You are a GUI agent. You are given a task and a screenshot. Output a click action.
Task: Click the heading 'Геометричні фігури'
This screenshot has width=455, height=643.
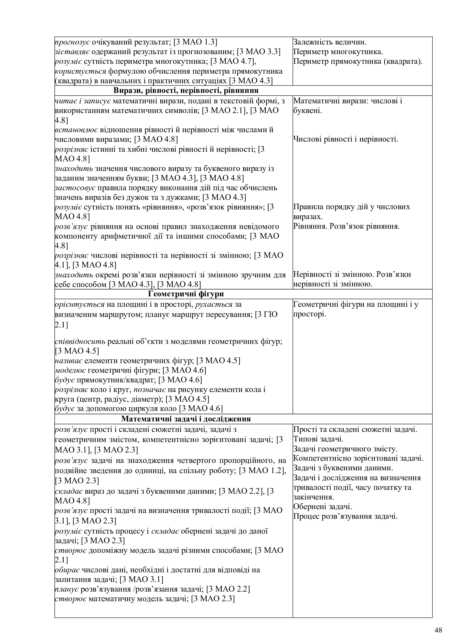coord(186,294)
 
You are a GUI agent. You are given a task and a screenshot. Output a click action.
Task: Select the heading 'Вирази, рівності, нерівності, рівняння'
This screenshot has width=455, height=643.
coord(186,91)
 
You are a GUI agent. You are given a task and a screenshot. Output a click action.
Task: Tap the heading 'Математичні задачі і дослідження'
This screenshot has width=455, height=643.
coord(186,419)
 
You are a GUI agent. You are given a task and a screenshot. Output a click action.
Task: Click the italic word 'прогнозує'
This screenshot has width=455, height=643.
coord(72,42)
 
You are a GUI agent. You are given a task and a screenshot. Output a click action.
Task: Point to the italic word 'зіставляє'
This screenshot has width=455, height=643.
coord(72,52)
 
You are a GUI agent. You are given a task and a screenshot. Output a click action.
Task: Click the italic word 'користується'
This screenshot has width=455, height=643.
coord(80,71)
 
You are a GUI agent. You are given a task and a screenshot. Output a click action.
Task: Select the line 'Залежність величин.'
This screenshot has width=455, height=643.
coord(330,42)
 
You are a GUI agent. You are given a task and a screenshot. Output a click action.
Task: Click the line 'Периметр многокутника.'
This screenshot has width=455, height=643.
coord(338,52)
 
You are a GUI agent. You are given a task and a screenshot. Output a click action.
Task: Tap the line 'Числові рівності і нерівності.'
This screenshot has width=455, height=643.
coord(346,139)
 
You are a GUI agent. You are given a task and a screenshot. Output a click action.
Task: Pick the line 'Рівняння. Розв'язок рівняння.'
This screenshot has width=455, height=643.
coord(346,226)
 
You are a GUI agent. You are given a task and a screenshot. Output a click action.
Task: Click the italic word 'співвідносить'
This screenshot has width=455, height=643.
coord(80,342)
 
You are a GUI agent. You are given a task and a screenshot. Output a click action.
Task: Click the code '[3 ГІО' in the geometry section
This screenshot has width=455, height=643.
coord(266,314)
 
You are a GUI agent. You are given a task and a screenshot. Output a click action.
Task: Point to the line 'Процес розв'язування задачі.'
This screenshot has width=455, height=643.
coord(346,517)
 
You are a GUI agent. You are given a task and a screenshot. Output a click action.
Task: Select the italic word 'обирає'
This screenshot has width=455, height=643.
coord(67,570)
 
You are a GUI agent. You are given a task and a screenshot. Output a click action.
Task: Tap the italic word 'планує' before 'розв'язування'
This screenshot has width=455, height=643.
coord(67,589)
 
